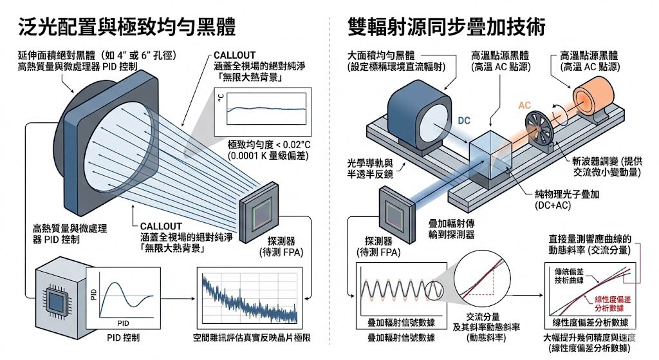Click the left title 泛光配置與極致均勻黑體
point(126,26)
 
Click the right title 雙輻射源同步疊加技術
point(447,26)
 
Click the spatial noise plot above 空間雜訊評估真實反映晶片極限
point(248,298)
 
